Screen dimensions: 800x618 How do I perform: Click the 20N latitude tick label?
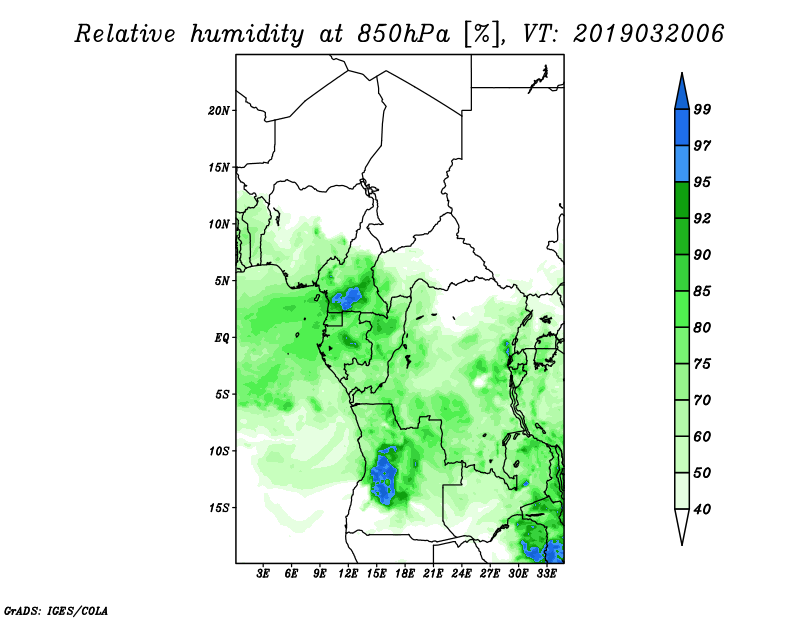(x=219, y=110)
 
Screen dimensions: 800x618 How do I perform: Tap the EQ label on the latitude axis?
(x=222, y=337)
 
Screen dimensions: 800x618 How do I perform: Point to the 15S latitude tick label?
(x=219, y=508)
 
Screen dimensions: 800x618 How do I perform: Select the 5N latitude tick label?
(x=222, y=281)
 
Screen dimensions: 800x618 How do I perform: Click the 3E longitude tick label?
(x=262, y=574)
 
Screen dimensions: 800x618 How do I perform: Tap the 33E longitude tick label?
(x=546, y=574)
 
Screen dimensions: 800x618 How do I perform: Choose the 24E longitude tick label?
(x=461, y=574)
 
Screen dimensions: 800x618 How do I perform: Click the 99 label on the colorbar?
(x=702, y=109)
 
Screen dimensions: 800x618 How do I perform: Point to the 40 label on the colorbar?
(x=702, y=509)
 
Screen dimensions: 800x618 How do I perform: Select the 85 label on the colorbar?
(x=702, y=291)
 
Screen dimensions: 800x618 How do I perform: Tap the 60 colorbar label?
(x=702, y=436)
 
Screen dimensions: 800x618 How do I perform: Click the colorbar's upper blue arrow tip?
(x=682, y=73)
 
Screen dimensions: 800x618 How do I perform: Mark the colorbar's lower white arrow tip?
(x=682, y=545)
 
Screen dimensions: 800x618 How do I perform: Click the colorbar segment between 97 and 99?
(x=682, y=128)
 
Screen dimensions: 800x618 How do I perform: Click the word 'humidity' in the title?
(x=247, y=35)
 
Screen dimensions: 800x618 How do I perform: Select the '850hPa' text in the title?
(x=403, y=34)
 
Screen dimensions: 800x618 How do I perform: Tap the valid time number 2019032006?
(x=648, y=34)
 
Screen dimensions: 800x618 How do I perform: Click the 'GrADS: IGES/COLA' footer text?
(x=56, y=610)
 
